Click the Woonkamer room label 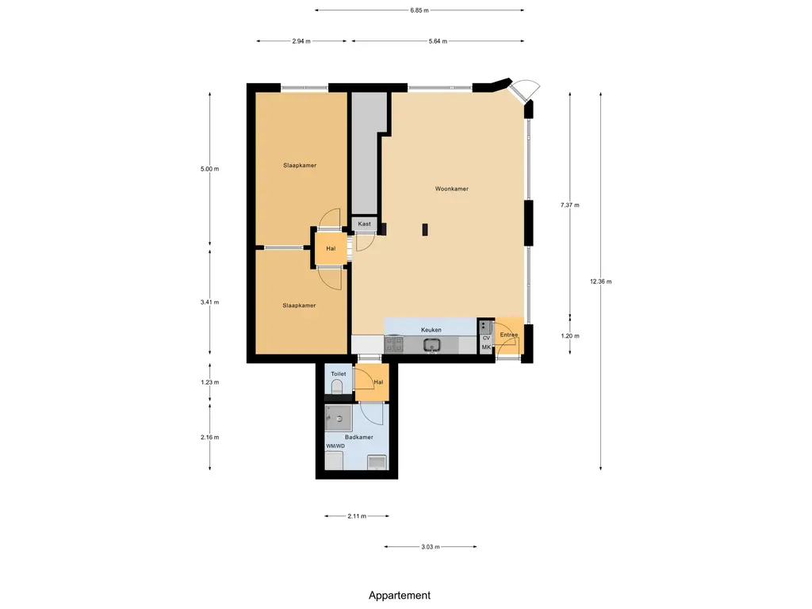pos(451,189)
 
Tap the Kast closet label pos(364,224)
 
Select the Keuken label pos(431,330)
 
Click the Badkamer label pos(359,437)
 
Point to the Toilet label pos(338,374)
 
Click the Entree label pos(509,335)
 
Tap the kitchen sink pos(431,345)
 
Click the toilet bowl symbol pos(336,386)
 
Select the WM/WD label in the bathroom pos(335,446)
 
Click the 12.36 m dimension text pos(601,282)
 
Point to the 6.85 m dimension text pos(419,10)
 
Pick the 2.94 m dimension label pos(301,41)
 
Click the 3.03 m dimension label pos(431,547)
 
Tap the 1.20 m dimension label pos(570,336)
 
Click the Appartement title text pos(400,596)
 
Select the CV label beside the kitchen pos(486,338)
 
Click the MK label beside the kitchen pos(486,347)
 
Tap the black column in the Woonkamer pos(425,229)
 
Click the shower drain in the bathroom pos(339,419)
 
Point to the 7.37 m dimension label pos(570,205)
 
